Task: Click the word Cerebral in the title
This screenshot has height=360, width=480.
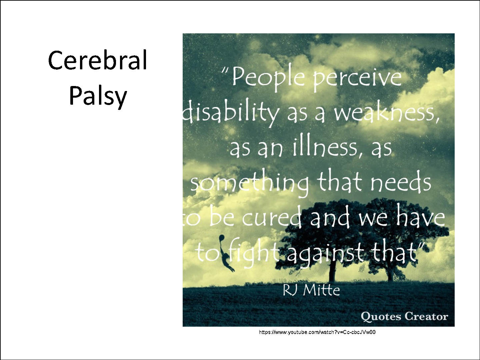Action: tap(98, 60)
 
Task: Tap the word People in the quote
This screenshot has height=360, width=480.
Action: tap(268, 78)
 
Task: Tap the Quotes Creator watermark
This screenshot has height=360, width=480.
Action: tap(405, 317)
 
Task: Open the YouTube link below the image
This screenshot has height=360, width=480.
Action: tap(317, 332)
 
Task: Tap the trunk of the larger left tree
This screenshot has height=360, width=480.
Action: tap(332, 271)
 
